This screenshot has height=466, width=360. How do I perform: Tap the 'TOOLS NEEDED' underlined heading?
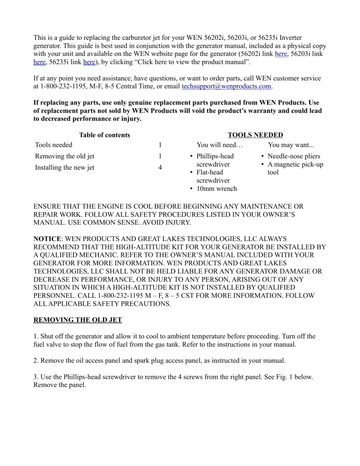point(255,135)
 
